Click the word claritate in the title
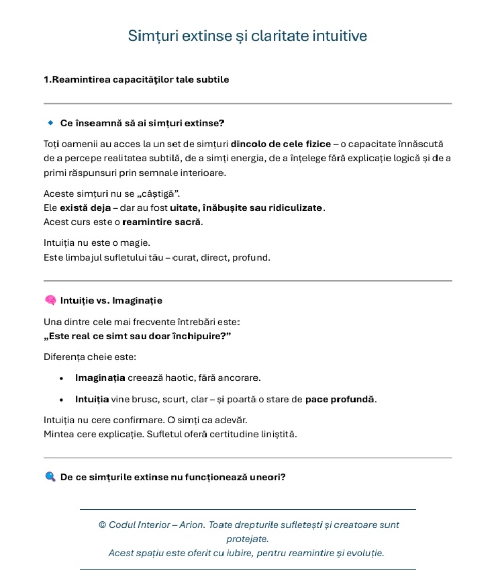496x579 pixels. [279, 36]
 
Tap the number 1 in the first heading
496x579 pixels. [46, 80]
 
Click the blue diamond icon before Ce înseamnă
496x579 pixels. [50, 123]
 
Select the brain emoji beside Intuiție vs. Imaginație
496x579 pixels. [50, 300]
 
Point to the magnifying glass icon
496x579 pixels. [50, 477]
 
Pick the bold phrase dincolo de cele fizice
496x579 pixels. [281, 144]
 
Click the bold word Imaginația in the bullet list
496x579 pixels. [100, 378]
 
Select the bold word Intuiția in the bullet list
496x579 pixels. [92, 400]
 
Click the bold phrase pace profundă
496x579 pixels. [340, 400]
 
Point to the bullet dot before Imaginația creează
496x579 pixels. [62, 379]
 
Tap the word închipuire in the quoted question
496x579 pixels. [198, 336]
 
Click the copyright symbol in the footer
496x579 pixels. [103, 525]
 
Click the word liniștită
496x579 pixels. [273, 435]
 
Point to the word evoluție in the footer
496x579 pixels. [364, 553]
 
